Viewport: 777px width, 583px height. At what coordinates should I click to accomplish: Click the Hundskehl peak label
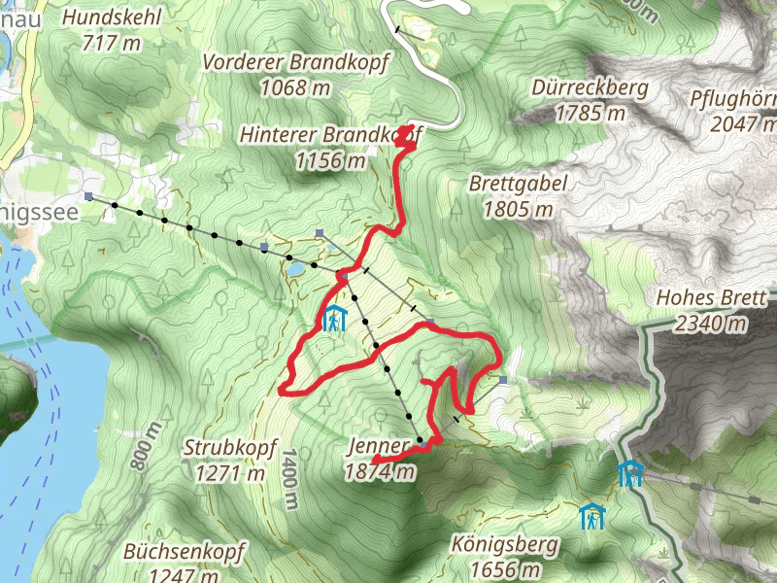coord(112,17)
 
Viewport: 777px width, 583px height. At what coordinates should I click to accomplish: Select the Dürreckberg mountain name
coord(590,88)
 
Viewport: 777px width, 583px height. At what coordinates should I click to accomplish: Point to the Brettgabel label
coord(518,184)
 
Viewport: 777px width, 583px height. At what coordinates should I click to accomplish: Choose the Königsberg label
coord(503,544)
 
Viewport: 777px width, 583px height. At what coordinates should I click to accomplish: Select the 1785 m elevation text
coord(590,113)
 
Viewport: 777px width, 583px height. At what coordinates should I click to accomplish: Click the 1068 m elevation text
coord(296,87)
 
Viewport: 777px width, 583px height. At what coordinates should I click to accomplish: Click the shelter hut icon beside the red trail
coord(335,319)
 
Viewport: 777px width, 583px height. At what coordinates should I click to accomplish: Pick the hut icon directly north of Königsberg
coord(591,516)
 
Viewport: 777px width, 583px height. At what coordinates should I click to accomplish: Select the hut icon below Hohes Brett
coord(631,473)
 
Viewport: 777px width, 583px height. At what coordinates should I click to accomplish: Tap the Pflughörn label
coord(733,99)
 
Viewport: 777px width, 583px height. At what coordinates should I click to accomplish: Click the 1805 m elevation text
coord(518,208)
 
